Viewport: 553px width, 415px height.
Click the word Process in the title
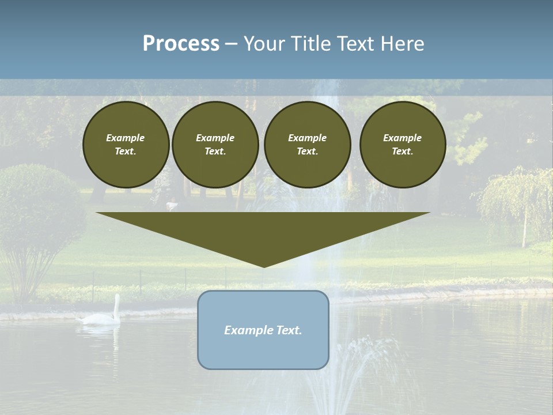coord(181,44)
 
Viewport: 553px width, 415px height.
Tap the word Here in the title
coord(403,44)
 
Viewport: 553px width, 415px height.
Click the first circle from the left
coord(126,145)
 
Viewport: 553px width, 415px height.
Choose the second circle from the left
coord(215,145)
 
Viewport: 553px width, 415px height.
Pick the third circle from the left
coord(307,145)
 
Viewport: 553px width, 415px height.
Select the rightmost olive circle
coord(403,145)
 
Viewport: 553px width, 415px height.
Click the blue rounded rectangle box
coord(263,330)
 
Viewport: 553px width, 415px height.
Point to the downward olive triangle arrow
coord(263,233)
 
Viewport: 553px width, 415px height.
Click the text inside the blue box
coord(263,330)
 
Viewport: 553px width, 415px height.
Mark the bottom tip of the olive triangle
coord(264,266)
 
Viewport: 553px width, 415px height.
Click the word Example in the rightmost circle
coord(403,138)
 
